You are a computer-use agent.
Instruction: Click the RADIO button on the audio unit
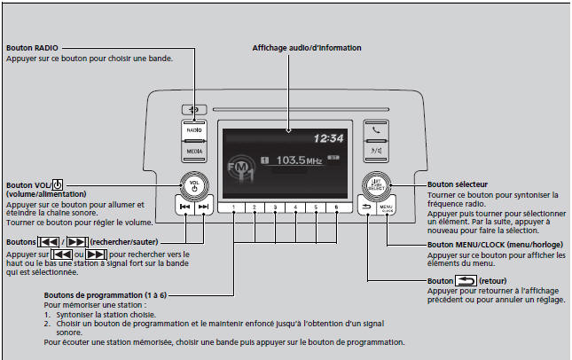click(x=194, y=129)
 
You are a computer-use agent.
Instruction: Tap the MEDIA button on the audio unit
click(x=194, y=151)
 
